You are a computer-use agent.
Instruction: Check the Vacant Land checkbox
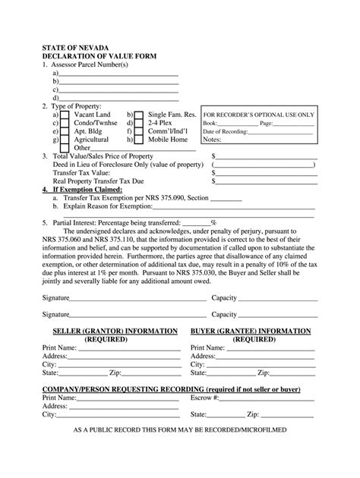[65, 114]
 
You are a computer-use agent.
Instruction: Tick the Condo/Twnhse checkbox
[65, 122]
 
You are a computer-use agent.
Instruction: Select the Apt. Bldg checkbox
[65, 131]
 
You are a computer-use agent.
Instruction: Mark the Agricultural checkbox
[65, 139]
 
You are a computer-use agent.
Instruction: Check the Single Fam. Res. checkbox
[139, 114]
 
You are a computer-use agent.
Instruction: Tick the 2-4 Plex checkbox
[139, 122]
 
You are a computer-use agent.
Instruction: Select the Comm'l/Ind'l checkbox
[139, 131]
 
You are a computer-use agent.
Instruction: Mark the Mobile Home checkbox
[139, 139]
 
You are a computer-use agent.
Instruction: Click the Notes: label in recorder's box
[212, 140]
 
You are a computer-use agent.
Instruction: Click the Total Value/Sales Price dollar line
[266, 156]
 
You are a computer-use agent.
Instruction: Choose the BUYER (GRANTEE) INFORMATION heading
[250, 332]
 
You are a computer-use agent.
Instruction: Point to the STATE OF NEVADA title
[75, 46]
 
